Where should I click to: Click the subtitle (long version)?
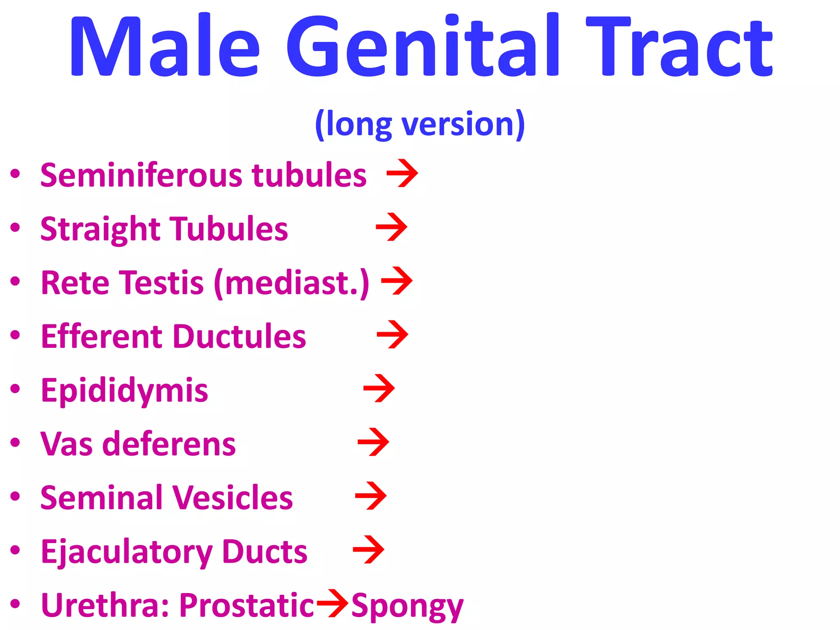[x=420, y=124]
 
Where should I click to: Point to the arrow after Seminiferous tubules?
[x=402, y=173]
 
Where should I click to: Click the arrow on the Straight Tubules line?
[x=392, y=227]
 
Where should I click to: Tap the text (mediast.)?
[x=292, y=283]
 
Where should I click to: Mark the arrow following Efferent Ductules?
[x=393, y=334]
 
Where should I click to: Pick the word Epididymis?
[x=125, y=390]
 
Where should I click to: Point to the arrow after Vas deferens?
[x=373, y=442]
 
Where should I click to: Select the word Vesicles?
[x=232, y=498]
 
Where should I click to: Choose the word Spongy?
[x=407, y=606]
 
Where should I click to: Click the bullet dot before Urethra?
[x=15, y=604]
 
